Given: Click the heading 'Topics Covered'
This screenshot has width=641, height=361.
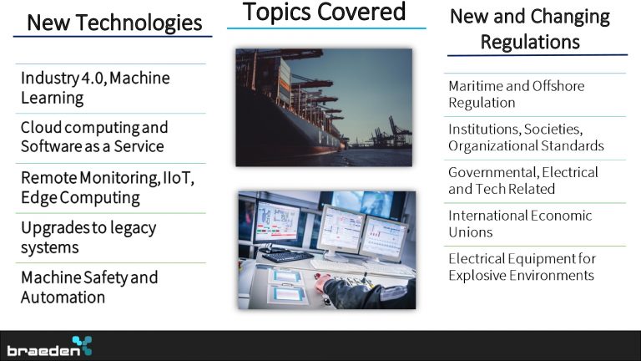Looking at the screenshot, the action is pyautogui.click(x=324, y=12).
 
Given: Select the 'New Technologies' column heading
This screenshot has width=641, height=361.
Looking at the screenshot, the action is pyautogui.click(x=114, y=23).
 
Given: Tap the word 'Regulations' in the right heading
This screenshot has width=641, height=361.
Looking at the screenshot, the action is pyautogui.click(x=530, y=42).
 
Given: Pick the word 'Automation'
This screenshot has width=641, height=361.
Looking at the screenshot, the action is pyautogui.click(x=63, y=297).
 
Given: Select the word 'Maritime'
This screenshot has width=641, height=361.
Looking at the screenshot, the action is pyautogui.click(x=475, y=86).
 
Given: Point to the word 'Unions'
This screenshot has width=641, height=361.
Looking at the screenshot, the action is pyautogui.click(x=471, y=232).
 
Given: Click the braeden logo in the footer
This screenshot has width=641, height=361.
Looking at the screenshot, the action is pyautogui.click(x=49, y=347).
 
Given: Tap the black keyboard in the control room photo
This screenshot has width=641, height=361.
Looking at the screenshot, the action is pyautogui.click(x=288, y=257).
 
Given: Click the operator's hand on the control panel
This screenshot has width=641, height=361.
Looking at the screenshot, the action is pyautogui.click(x=322, y=282).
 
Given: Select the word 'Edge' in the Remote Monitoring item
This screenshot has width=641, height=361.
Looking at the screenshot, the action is pyautogui.click(x=38, y=198).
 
